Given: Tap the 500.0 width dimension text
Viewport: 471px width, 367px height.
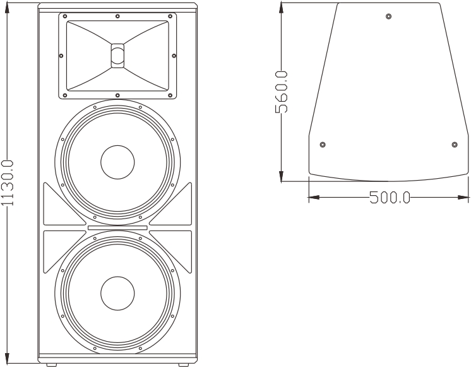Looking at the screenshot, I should (390, 198).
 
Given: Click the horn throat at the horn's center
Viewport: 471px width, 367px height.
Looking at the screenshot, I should (117, 54).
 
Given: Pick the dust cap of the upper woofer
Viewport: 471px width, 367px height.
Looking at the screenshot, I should (117, 162).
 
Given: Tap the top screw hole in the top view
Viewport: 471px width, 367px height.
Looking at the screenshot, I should (388, 16).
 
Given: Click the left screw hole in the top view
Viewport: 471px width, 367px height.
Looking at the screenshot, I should (323, 145).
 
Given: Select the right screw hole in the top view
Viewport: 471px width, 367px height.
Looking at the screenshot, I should (455, 145).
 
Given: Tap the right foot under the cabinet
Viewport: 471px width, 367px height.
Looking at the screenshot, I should (182, 364).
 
